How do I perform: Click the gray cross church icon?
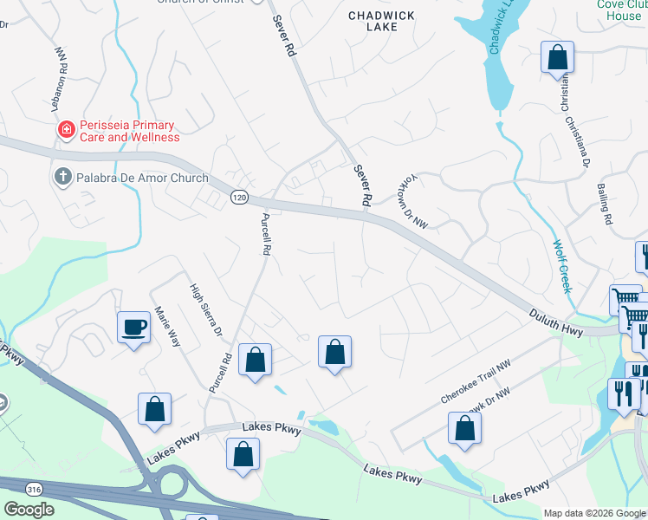(62, 178)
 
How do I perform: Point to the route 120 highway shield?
(240, 198)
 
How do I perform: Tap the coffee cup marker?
(133, 328)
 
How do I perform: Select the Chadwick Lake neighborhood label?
(382, 21)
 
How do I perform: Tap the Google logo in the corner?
(28, 510)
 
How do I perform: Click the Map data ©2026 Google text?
(594, 513)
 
